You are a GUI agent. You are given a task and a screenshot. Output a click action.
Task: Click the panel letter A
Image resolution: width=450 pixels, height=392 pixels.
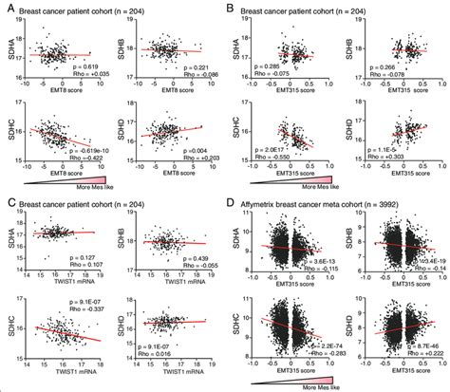coord(7,8)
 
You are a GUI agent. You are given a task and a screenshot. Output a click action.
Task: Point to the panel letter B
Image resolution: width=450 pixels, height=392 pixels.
coord(232,8)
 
